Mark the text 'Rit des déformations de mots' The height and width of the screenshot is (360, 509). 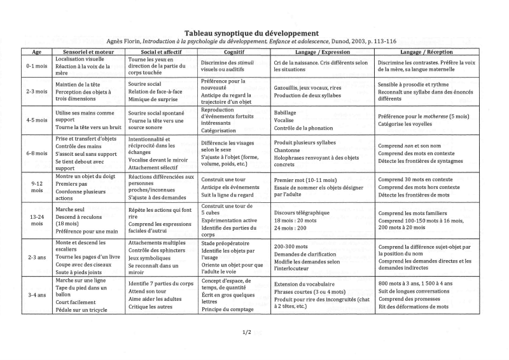pos(413,307)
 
